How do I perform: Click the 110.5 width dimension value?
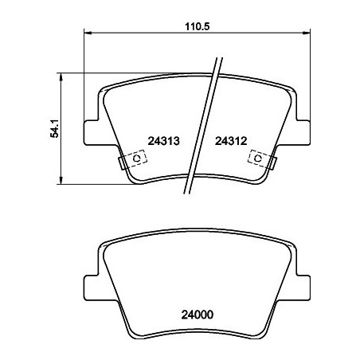(196, 25)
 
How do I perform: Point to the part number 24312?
(233, 140)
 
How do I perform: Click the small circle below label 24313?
(136, 159)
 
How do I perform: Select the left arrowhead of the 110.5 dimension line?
(88, 33)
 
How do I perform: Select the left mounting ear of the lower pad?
(94, 284)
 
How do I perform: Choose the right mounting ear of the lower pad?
(303, 284)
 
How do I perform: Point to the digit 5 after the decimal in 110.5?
(205, 25)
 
